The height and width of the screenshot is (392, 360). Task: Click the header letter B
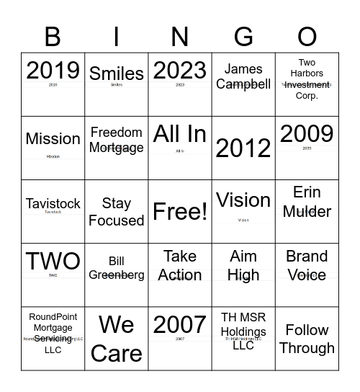[53, 36]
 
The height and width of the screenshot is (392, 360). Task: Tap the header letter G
[243, 36]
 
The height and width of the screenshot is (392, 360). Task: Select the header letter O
[307, 36]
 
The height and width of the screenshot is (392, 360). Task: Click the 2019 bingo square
[53, 84]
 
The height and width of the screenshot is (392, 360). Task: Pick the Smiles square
[116, 84]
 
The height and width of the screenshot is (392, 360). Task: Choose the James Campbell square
[243, 84]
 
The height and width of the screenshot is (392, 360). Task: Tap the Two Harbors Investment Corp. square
[307, 84]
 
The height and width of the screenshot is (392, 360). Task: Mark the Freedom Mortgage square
[116, 148]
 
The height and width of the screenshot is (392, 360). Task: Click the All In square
[180, 148]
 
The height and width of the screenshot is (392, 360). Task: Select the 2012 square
[243, 148]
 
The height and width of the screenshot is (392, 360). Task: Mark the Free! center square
[180, 211]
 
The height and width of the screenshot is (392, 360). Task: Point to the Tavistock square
[53, 211]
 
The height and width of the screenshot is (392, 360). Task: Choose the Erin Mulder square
[307, 211]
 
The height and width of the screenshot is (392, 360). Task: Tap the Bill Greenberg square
[116, 275]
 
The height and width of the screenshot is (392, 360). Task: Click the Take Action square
[180, 275]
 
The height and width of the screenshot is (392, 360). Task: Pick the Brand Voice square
[307, 275]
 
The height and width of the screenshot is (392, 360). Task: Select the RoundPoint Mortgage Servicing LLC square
[53, 338]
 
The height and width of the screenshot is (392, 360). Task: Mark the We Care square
[116, 338]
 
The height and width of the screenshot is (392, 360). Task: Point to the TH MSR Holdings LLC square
[243, 338]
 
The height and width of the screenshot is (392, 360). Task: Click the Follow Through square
[307, 338]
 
